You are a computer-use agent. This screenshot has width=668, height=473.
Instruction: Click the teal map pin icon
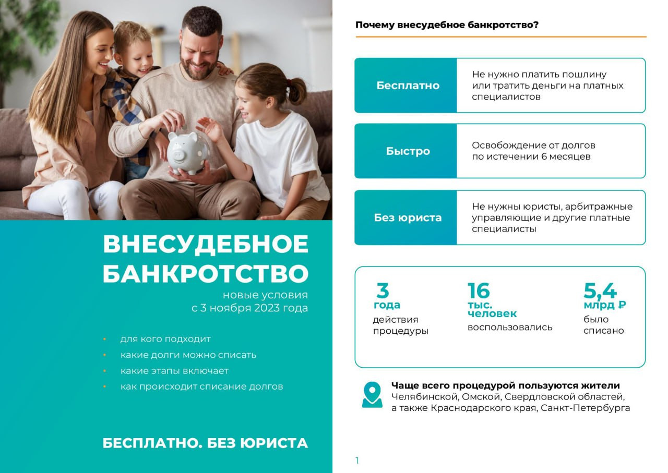372,394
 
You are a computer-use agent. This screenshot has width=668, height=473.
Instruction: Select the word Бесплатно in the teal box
408,86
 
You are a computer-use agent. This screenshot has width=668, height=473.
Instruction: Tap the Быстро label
408,151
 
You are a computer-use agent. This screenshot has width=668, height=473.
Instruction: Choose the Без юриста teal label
408,217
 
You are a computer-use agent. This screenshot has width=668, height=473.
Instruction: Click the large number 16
479,291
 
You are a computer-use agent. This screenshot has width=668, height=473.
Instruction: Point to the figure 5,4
600,291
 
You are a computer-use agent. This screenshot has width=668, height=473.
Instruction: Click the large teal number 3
383,291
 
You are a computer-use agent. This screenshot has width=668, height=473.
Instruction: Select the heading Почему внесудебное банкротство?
447,25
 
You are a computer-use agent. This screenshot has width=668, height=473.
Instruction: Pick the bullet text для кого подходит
165,339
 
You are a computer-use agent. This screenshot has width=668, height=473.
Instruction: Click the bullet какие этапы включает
174,371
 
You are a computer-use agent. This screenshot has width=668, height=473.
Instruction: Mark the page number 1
357,460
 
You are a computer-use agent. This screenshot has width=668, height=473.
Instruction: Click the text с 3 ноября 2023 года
249,308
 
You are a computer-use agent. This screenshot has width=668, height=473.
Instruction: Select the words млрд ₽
605,305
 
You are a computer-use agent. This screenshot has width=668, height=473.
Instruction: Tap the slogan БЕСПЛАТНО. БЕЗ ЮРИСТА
205,443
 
